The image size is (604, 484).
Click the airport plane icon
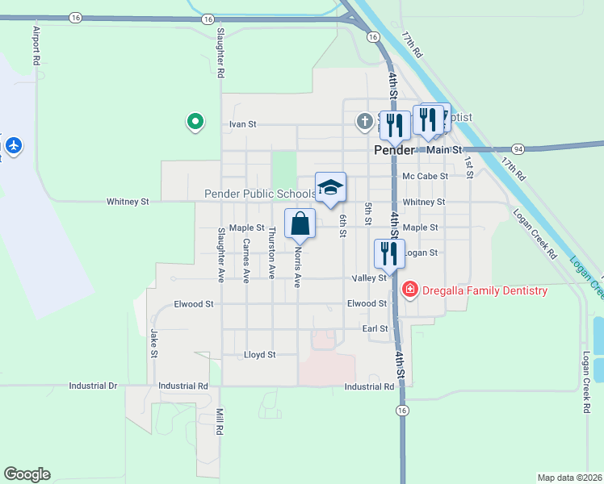13,145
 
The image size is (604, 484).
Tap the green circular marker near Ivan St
195,122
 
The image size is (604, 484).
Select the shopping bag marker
300,223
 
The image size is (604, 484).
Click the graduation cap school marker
330,188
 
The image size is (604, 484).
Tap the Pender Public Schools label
259,194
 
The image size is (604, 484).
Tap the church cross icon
364,122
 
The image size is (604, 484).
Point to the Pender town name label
394,150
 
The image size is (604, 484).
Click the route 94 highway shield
518,148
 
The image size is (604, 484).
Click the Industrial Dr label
93,386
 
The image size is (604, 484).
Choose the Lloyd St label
260,354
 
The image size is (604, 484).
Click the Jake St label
153,343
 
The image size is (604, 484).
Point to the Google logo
27,474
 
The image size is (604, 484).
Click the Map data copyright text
568,478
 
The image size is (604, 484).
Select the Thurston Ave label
272,246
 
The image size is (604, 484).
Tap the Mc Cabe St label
425,176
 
